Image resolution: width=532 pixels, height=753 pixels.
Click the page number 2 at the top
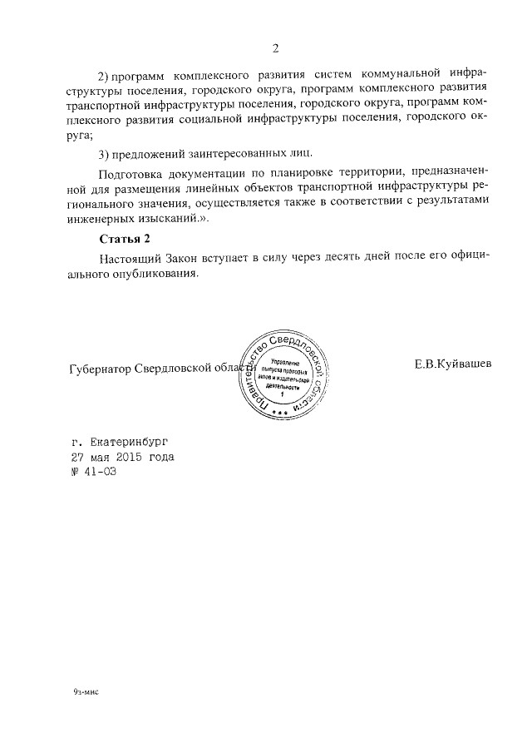274,47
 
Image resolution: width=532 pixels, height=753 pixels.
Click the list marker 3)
103,154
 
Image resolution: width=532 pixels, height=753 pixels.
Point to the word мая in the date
101,458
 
